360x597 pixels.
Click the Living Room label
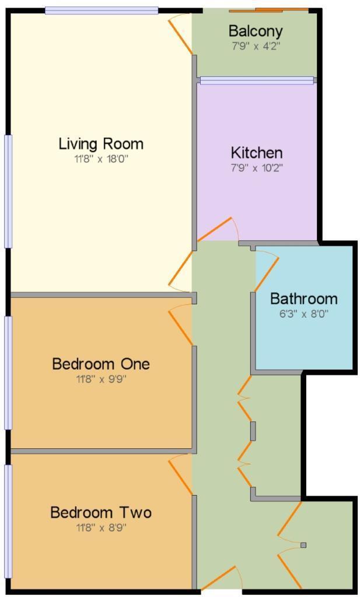101,143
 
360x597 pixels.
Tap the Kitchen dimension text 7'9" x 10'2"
257,168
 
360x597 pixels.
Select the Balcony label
256,31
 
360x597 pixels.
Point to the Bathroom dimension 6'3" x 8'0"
303,314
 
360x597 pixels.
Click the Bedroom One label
101,364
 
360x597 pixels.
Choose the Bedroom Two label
101,512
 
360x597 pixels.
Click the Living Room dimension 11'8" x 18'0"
101,159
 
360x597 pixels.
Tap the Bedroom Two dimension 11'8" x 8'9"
101,528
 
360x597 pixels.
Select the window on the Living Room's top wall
102,10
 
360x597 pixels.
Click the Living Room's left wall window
8,191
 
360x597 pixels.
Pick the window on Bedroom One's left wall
8,373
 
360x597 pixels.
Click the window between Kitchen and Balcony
257,80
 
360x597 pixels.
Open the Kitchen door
217,230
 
